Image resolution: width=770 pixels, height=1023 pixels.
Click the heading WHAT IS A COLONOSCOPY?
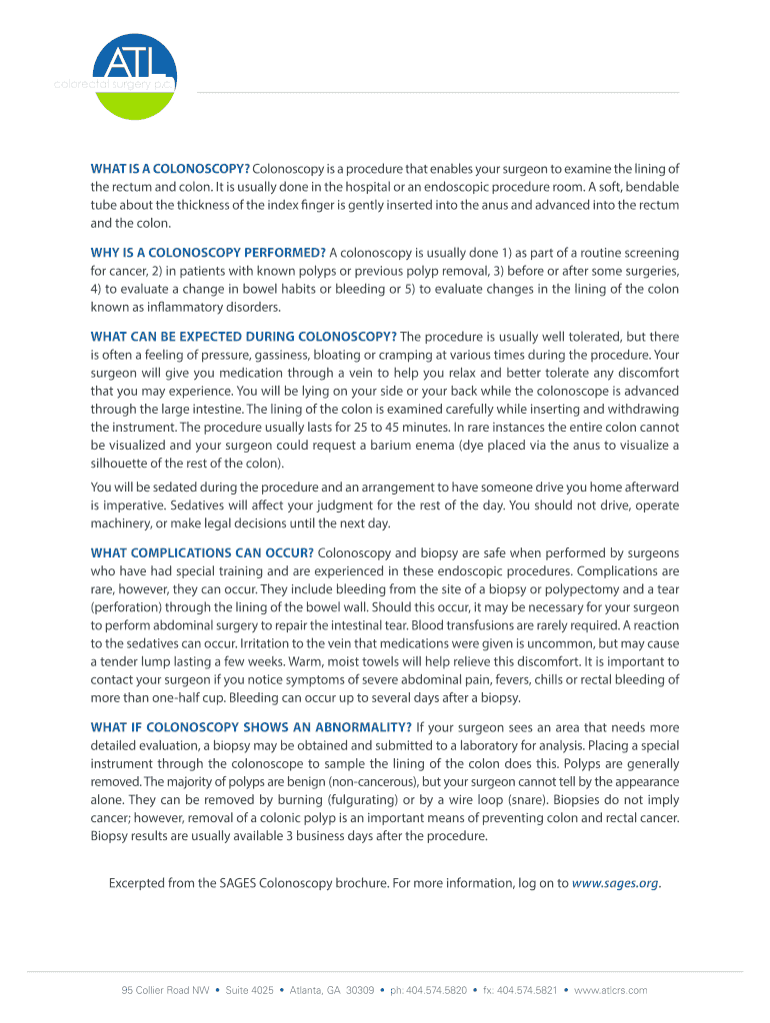[170, 168]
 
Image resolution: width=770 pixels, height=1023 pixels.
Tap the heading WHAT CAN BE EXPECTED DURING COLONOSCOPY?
[243, 337]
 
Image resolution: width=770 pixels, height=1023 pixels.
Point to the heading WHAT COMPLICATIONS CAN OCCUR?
[202, 552]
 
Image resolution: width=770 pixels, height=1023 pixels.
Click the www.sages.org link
[615, 883]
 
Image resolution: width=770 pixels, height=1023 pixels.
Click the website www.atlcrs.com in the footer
[611, 990]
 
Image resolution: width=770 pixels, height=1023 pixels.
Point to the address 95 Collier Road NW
[165, 990]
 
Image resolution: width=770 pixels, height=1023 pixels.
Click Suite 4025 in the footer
[249, 990]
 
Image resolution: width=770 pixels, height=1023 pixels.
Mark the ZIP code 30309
[359, 990]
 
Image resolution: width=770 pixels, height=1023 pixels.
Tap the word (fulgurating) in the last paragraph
[370, 800]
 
